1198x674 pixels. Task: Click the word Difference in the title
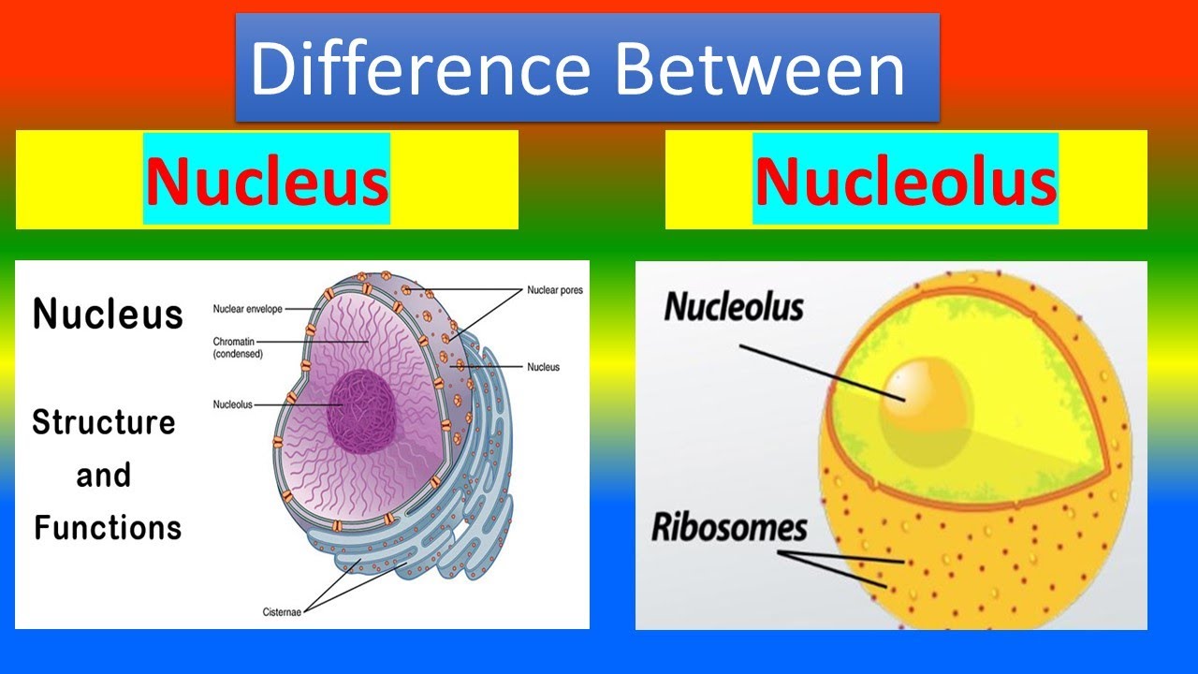pos(419,69)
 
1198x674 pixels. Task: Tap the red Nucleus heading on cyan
pos(267,181)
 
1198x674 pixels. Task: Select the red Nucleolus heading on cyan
pos(905,181)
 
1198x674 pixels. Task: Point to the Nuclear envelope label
pos(247,308)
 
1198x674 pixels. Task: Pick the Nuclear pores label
pos(554,290)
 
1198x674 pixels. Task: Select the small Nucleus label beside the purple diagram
pos(543,367)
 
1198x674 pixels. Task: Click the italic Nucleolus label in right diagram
pos(734,307)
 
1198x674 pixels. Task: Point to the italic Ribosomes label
pos(728,528)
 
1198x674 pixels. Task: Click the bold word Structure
pos(104,422)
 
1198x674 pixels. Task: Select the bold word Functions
pos(108,527)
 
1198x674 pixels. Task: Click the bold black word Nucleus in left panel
pos(108,315)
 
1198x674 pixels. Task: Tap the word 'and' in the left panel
pos(103,476)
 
